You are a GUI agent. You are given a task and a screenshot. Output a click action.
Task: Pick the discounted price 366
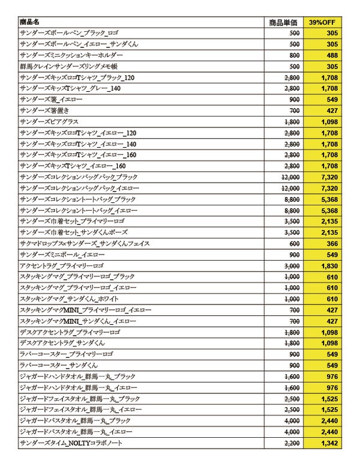point(332,244)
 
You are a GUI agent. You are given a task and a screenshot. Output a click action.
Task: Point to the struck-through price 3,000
point(291,266)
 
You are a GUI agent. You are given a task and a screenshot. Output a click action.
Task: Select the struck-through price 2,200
point(291,443)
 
